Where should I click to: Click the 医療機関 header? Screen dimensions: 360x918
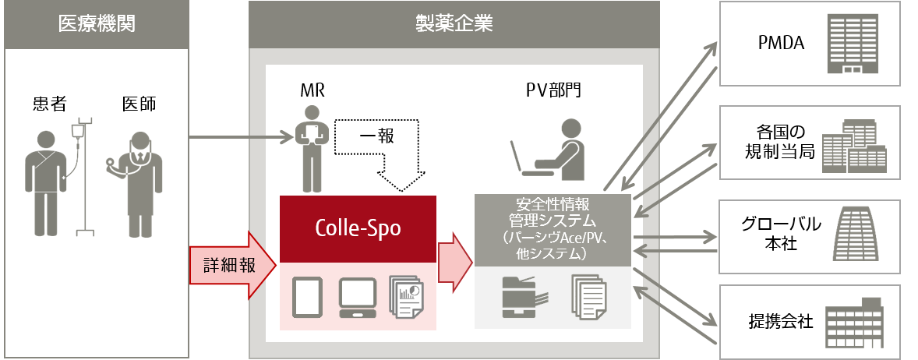coord(97,24)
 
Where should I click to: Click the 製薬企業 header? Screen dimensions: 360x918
coord(454,24)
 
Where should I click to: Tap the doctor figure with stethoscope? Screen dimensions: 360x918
coord(140,183)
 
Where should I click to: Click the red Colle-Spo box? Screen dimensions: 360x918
coord(358,228)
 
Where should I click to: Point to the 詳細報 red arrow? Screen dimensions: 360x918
coord(232,265)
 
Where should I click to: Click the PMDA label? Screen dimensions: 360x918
coord(780,44)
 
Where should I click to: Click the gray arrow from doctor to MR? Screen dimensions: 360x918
coord(242,140)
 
